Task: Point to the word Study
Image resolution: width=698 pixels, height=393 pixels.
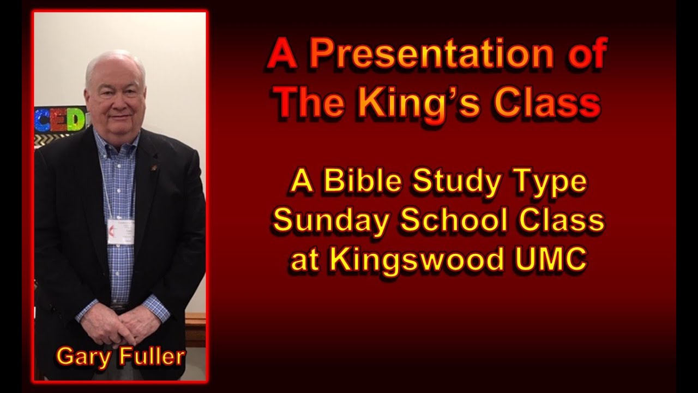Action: pyautogui.click(x=462, y=182)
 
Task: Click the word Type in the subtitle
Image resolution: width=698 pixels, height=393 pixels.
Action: pyautogui.click(x=553, y=183)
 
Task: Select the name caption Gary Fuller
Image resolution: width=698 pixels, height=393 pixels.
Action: pyautogui.click(x=121, y=356)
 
